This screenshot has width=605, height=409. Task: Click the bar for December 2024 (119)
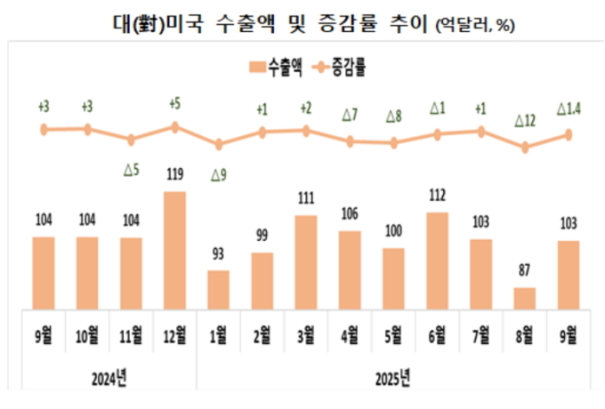[x=175, y=251]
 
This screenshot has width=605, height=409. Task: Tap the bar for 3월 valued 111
[x=306, y=262]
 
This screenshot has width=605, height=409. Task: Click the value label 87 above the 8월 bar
[x=525, y=274]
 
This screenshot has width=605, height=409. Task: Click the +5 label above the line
[x=175, y=104]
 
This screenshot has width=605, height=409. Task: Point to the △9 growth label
[x=218, y=175]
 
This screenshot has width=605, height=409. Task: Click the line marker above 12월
[x=175, y=127]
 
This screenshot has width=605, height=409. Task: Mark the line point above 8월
[x=525, y=148]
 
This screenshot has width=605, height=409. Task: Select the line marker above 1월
[x=219, y=144]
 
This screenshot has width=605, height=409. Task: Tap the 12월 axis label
[x=175, y=336]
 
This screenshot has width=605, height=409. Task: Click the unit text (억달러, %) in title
[x=475, y=27]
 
